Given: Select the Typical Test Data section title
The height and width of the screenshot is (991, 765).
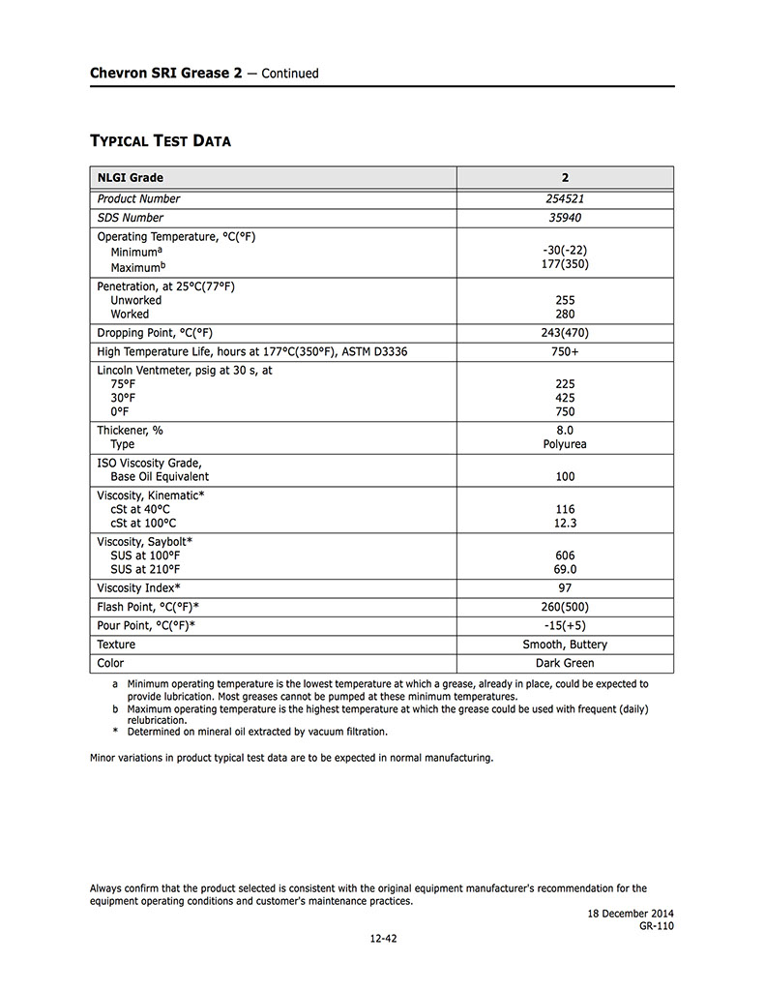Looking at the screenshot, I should click(x=161, y=141).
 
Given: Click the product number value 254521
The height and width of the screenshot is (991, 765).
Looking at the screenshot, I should click(x=565, y=198).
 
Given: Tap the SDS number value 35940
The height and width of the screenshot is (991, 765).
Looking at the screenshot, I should click(x=565, y=218).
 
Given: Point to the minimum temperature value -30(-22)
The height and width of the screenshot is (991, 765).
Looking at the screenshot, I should click(x=565, y=250).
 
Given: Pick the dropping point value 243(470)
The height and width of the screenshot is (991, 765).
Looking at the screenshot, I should click(x=565, y=333).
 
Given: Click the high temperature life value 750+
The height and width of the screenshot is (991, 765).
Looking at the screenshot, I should click(x=565, y=351).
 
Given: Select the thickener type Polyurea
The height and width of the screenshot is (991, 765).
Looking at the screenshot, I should click(x=565, y=444).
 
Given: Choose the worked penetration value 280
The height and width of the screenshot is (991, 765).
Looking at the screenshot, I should click(x=565, y=314).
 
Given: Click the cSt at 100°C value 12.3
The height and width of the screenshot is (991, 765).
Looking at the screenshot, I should click(x=565, y=523).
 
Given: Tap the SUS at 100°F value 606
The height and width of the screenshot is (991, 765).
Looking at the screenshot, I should click(x=565, y=556).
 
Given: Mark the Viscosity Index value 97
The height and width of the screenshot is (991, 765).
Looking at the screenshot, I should click(x=565, y=587).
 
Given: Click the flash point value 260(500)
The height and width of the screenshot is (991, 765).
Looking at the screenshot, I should click(x=565, y=607).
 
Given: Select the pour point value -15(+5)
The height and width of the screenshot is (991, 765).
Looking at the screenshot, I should click(x=565, y=625).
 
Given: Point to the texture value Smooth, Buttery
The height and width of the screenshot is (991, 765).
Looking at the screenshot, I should click(x=565, y=645).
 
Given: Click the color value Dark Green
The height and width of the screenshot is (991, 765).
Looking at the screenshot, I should click(x=565, y=663).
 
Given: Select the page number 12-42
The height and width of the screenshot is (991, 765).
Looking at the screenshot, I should click(x=382, y=937).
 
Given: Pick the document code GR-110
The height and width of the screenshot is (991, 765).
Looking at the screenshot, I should click(x=656, y=926).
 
